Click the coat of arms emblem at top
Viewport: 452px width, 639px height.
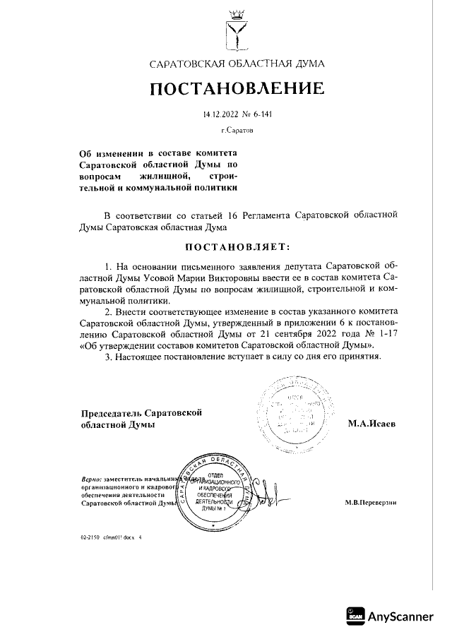click(x=237, y=28)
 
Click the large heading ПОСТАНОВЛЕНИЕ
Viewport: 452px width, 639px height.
click(x=237, y=89)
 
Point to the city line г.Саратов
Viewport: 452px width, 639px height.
click(x=236, y=131)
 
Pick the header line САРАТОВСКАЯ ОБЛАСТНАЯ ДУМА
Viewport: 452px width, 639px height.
click(x=237, y=64)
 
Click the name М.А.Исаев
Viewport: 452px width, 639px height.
click(x=371, y=424)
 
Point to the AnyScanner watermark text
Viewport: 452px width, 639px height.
click(x=400, y=616)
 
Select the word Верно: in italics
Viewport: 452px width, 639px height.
click(x=92, y=479)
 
